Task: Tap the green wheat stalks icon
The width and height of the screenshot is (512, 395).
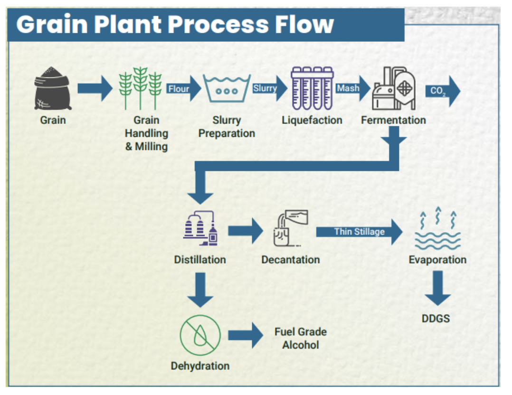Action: point(140,89)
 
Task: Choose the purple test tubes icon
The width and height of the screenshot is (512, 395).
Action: point(312,89)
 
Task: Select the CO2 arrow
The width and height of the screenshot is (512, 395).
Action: point(442,91)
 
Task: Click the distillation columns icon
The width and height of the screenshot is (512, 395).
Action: point(200,229)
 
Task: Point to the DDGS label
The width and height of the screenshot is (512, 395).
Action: point(436,319)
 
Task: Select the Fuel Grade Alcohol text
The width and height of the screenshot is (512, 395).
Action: point(300,338)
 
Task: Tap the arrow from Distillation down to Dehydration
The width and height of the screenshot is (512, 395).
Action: point(200,290)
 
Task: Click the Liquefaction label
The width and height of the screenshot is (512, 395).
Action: point(312,120)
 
